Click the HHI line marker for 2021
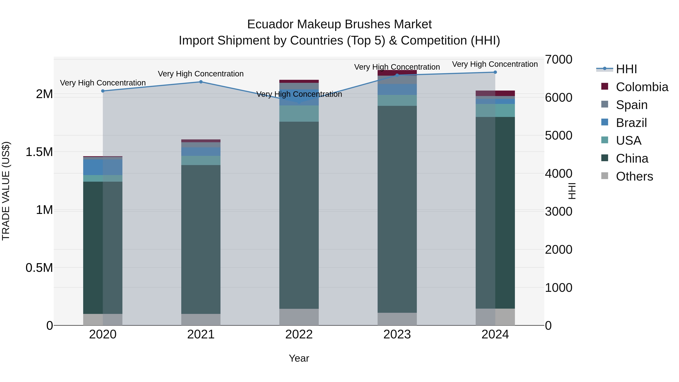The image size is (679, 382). pos(201,82)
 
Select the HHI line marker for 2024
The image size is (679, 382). pos(495,72)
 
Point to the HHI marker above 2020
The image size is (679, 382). pos(103,91)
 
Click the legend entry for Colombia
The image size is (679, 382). pos(642,87)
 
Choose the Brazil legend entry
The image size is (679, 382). pos(631,123)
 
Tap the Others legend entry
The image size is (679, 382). pos(634,176)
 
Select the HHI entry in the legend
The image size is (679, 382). pos(626,69)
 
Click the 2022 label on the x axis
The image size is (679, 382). pos(299,334)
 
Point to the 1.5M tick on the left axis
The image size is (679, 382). pos(39,152)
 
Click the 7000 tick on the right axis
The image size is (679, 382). pos(558,60)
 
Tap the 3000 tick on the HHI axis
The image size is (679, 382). pos(558,212)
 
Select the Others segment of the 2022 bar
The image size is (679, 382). pos(299,317)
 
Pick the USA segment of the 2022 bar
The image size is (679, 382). pos(299,114)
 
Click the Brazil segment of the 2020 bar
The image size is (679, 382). pos(103,167)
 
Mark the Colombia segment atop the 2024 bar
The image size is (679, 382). pos(495,93)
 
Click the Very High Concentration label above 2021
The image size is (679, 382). pos(201,74)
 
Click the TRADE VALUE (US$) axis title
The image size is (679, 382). pos(6,191)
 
